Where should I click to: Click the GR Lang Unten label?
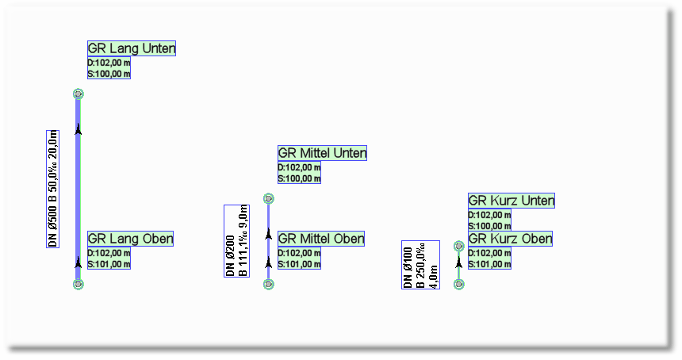(132, 48)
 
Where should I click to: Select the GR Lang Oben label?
(130, 239)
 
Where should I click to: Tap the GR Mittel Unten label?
(322, 153)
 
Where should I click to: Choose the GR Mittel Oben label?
(321, 239)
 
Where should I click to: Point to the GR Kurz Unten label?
(511, 201)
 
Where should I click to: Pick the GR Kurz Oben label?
(510, 239)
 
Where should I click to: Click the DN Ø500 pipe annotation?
(53, 188)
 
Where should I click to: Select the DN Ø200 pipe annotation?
(236, 241)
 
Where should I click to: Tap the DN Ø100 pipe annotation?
(420, 265)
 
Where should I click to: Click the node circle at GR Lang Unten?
(79, 94)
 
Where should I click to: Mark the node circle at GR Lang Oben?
(78, 284)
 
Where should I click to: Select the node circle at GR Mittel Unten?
(269, 198)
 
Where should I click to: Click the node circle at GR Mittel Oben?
(268, 284)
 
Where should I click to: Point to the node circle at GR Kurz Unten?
(458, 246)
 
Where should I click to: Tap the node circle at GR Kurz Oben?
(458, 284)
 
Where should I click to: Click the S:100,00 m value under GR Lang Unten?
(109, 74)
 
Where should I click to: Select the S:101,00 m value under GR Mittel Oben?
(299, 264)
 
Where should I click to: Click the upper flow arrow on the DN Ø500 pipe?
(79, 130)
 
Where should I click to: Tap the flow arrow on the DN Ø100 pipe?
(458, 262)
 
